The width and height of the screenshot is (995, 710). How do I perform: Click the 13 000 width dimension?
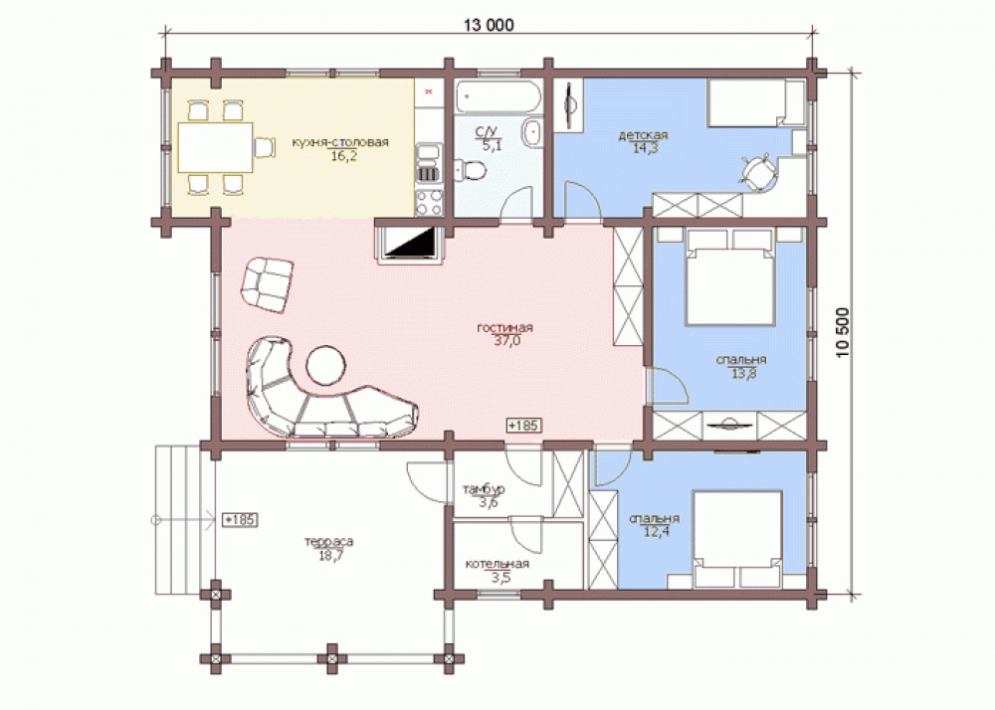coord(489,25)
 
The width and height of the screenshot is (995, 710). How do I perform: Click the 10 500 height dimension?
coord(842,333)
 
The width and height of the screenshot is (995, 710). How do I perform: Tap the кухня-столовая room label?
coord(340,142)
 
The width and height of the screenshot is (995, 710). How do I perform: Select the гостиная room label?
coord(505,328)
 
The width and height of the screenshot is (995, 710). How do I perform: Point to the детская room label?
coord(644,135)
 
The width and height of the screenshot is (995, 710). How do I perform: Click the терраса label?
coord(328,542)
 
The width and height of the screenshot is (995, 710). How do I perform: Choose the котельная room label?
coord(497,564)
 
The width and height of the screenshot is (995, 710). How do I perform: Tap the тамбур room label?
coord(484,489)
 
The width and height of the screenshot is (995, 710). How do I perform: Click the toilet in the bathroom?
coord(471,170)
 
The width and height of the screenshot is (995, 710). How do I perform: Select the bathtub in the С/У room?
coord(498,97)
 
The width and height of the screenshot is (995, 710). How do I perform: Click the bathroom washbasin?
coord(532,132)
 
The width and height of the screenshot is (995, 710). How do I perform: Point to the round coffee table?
coord(326,365)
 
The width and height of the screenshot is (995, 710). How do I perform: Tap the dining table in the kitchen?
coord(216,147)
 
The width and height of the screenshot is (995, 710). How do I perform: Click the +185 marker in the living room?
coord(524,425)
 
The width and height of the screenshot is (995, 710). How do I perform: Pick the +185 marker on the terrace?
coord(240,520)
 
